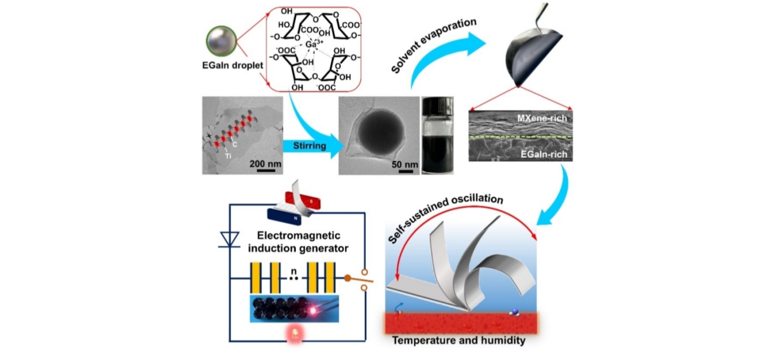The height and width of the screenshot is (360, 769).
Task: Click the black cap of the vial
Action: [438, 104]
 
